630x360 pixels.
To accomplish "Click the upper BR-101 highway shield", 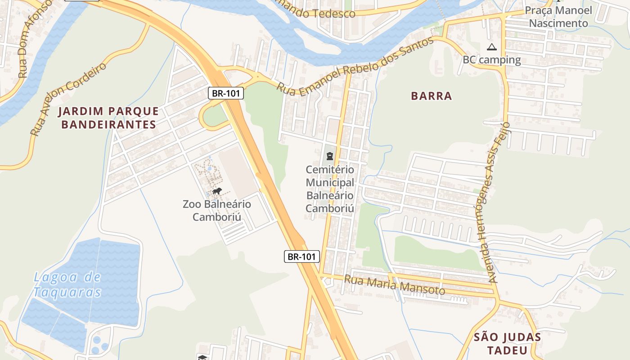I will point(226,94).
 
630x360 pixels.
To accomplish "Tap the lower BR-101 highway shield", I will point(302,257).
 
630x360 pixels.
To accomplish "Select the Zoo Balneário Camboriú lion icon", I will point(217,192).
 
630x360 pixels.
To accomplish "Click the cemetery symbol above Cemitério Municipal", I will point(330,157).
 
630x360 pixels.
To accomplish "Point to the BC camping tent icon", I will point(491,47).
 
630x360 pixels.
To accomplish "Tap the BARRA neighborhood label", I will point(431,96).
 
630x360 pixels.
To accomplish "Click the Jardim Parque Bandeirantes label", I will point(110,118).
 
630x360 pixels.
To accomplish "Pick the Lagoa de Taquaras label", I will point(67,284).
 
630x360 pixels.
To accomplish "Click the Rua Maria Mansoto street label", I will point(394,285).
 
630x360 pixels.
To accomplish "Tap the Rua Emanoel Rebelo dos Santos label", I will point(355,66).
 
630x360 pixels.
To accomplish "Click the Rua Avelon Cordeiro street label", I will point(68,99).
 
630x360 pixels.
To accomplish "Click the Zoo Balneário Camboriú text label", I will point(216,210).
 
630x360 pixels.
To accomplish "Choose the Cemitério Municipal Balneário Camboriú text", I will point(330,189).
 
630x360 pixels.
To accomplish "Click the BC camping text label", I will point(491,60).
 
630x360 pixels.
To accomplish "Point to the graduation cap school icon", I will point(202,357).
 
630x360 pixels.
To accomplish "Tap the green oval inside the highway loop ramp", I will point(215,117).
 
